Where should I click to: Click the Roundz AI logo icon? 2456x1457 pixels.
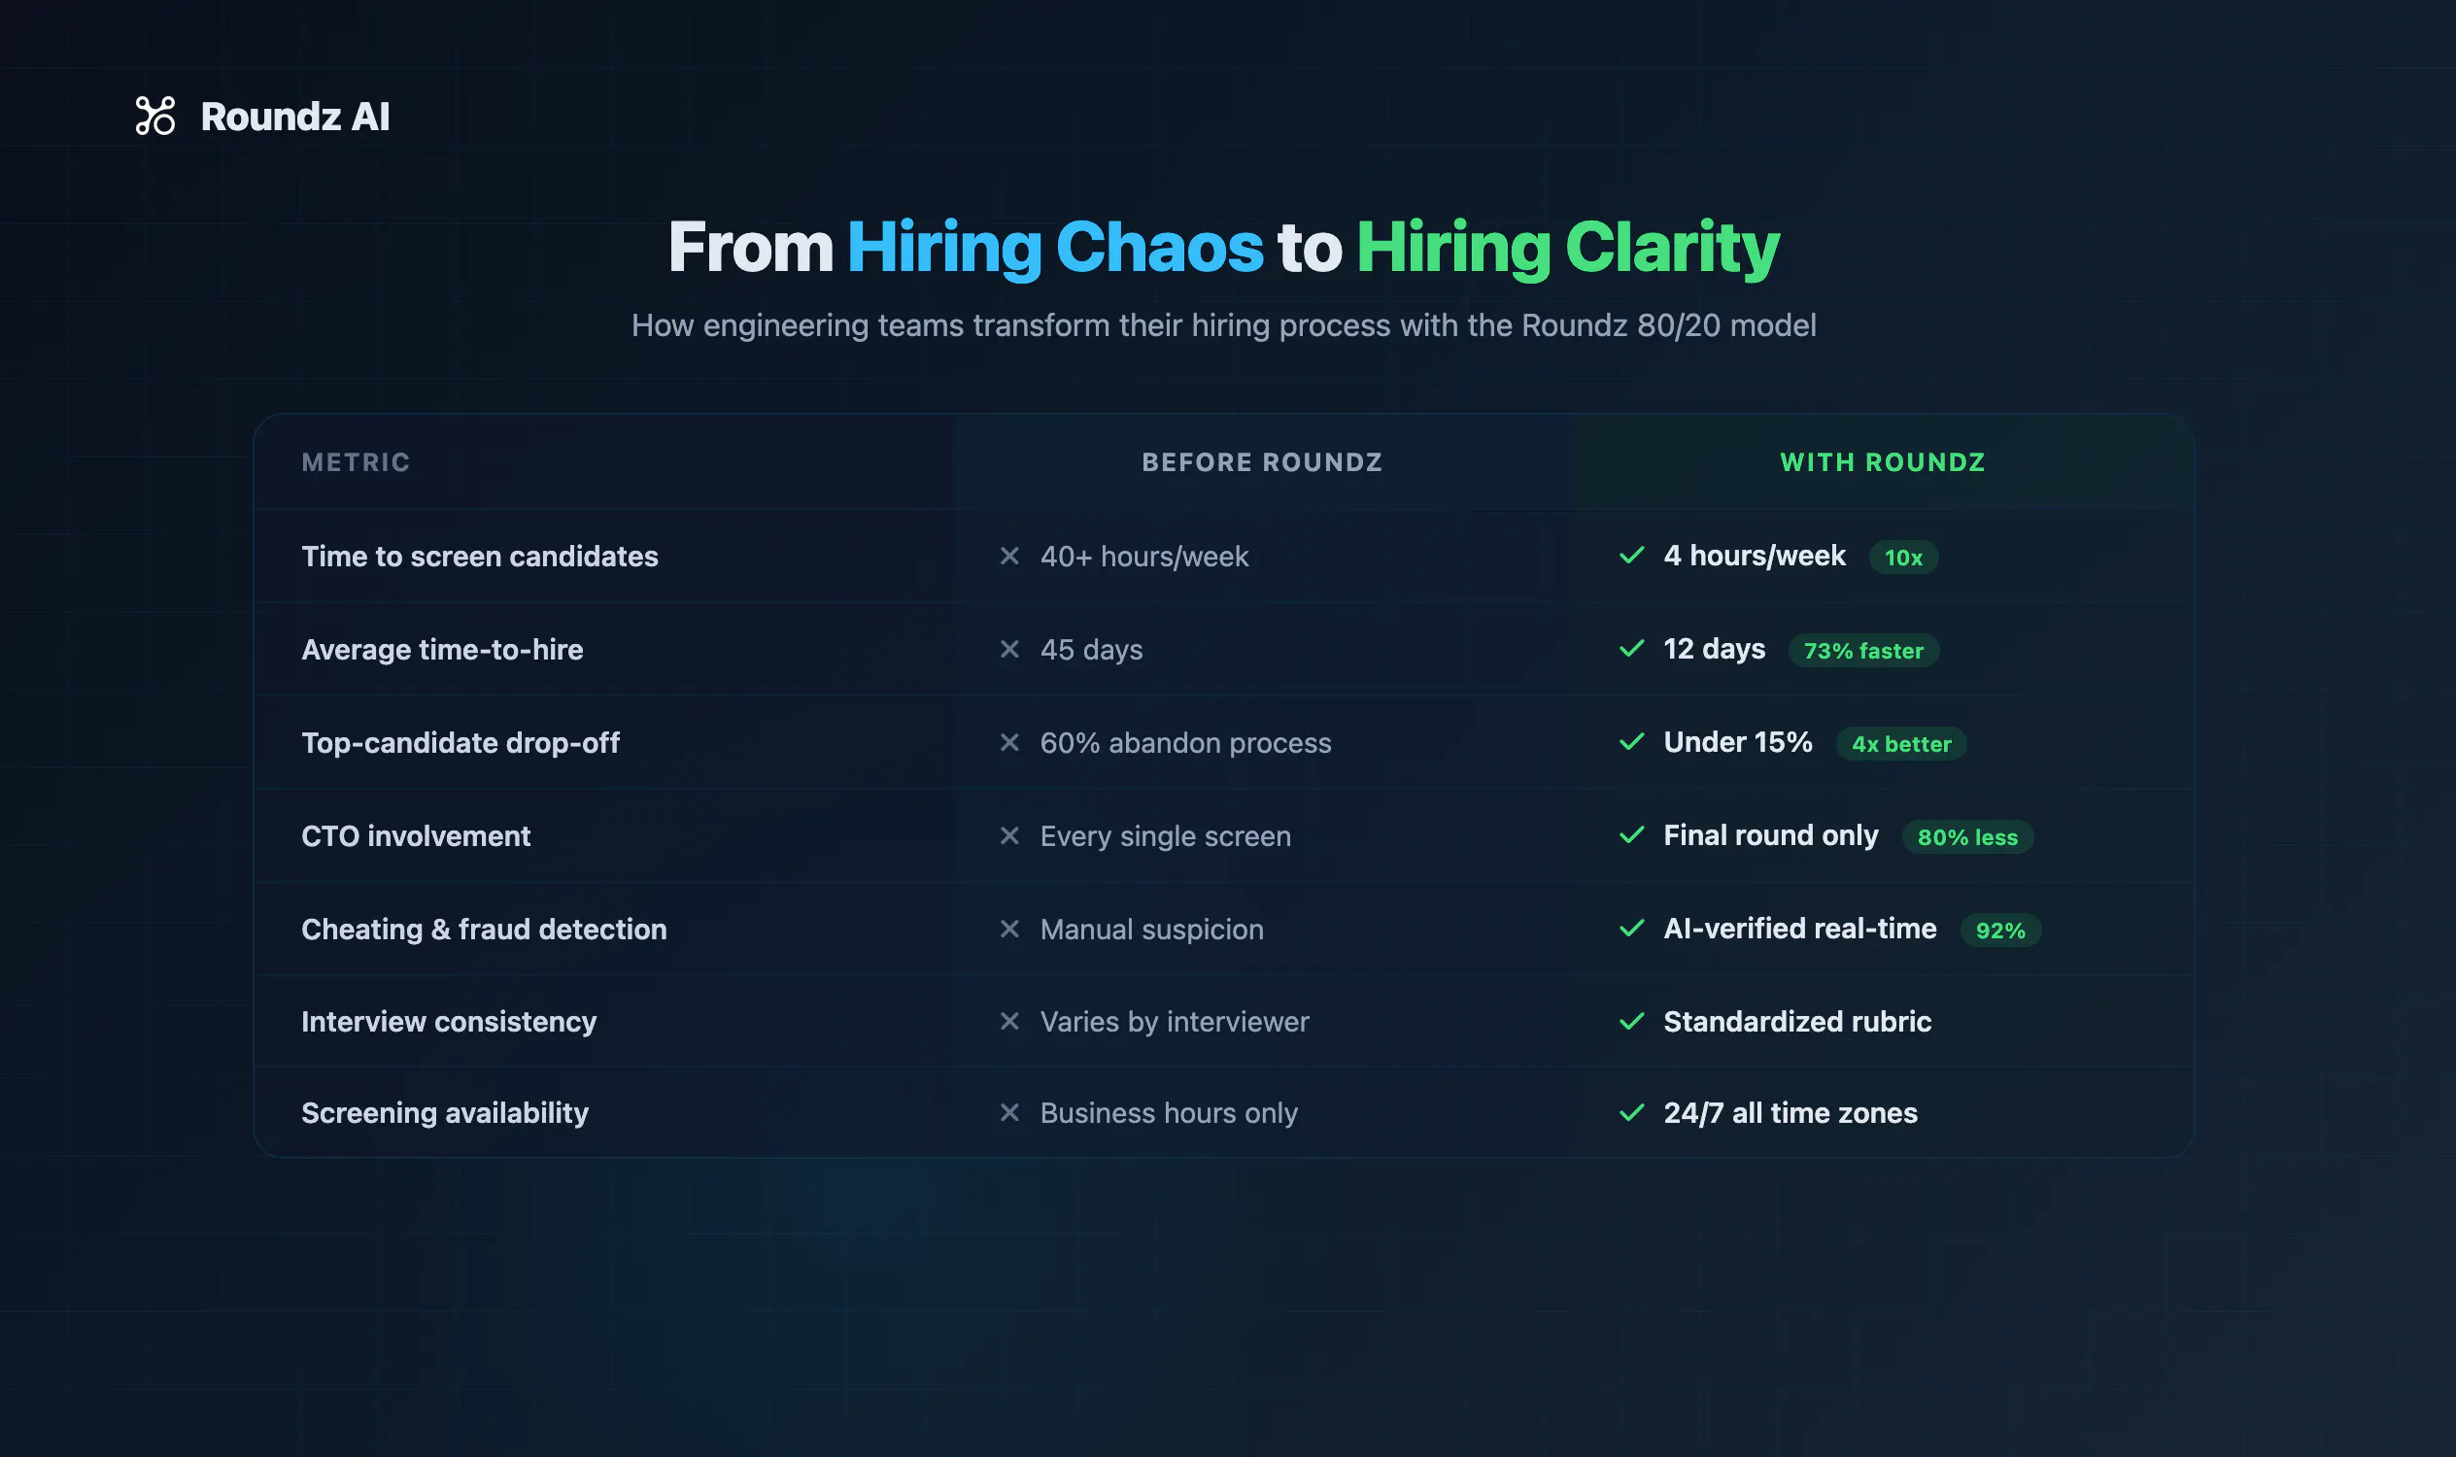point(155,116)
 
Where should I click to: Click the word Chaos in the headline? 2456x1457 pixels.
point(1159,247)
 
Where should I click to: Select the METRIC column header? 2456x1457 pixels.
point(356,462)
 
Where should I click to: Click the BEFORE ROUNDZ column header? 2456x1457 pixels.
point(1262,462)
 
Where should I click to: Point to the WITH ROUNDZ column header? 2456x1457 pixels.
point(1883,462)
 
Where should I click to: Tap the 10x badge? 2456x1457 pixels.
point(1903,558)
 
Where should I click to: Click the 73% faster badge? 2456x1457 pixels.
point(1862,651)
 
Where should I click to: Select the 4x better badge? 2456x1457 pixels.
point(1901,744)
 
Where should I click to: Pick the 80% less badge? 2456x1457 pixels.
point(1967,837)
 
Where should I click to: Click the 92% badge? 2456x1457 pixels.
point(2000,931)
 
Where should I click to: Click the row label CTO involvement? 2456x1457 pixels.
point(416,836)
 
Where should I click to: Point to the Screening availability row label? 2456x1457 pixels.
point(445,1113)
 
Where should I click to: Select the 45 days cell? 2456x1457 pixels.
point(1091,650)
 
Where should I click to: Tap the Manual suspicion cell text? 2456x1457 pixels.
point(1152,930)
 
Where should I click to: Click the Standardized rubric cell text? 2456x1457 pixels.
point(1797,1022)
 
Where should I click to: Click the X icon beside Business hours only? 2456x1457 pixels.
point(1009,1112)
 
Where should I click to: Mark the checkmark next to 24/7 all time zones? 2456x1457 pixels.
point(1631,1112)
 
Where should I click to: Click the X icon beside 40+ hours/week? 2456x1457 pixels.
point(1009,556)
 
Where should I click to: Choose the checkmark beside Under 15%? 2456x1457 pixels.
point(1631,741)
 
